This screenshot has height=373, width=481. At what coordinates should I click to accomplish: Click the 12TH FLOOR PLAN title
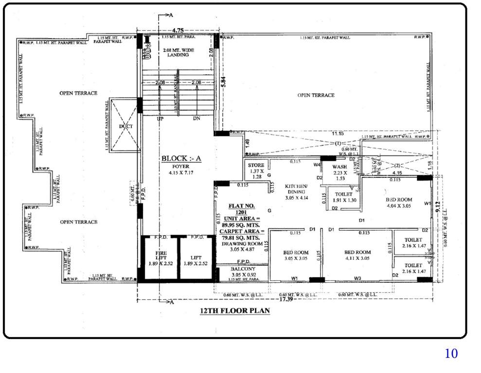tap(235, 311)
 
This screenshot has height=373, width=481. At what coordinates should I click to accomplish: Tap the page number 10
tap(451, 354)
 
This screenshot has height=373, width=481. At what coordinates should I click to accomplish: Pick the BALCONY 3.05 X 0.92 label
tap(243, 272)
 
